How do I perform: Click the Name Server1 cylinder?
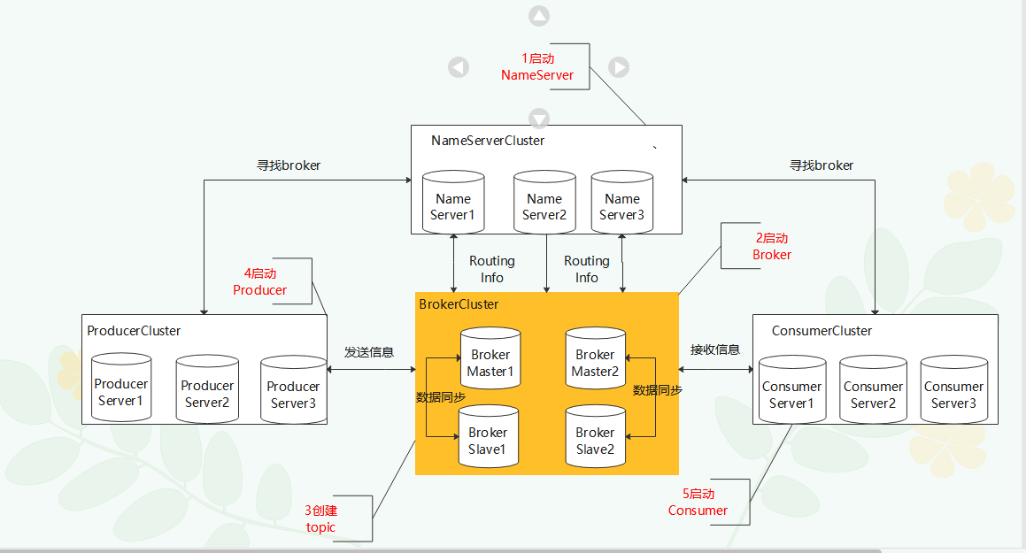click(453, 204)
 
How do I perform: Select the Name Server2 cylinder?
click(544, 204)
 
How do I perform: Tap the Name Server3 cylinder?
click(621, 204)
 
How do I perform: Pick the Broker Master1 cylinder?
click(490, 360)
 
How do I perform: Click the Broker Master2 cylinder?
click(595, 360)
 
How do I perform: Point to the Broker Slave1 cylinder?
click(488, 438)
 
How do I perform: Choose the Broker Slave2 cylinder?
click(595, 438)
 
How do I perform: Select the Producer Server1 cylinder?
click(121, 389)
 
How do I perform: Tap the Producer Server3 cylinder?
click(293, 392)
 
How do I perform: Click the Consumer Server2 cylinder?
click(873, 392)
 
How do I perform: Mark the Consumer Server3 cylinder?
click(953, 392)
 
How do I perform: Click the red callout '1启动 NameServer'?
click(537, 66)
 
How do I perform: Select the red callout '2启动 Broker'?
click(772, 246)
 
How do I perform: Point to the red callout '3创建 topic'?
click(320, 518)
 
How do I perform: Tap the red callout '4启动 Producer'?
click(260, 281)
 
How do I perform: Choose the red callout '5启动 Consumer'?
click(698, 502)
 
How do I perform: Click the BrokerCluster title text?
click(459, 304)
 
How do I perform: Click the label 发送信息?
click(368, 351)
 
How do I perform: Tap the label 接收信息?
click(715, 349)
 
